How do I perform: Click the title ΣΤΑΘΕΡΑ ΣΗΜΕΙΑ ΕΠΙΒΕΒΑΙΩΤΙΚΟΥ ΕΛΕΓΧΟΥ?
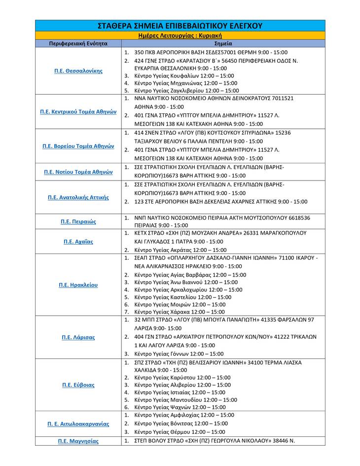(180, 26)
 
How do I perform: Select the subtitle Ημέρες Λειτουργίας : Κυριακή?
(180, 36)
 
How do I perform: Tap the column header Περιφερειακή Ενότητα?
(78, 43)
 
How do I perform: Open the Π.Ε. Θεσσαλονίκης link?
(78, 71)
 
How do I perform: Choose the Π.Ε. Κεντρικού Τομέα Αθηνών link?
(78, 111)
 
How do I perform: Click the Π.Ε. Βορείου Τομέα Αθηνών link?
(78, 146)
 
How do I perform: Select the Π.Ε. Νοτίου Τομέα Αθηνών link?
(78, 172)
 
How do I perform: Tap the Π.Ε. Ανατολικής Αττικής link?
(78, 197)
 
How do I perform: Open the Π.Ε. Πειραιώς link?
(78, 221)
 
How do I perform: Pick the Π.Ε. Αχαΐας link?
(78, 242)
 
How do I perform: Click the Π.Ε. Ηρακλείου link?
(78, 285)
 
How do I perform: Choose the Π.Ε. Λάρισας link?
(78, 337)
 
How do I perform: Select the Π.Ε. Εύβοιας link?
(78, 385)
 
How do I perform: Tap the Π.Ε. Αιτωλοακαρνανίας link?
(78, 424)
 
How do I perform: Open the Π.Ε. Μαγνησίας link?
(78, 441)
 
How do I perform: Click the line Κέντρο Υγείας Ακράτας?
(180, 250)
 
